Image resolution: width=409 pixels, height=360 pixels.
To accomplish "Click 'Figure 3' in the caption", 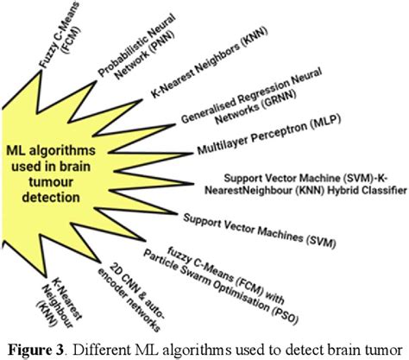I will [42, 348].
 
